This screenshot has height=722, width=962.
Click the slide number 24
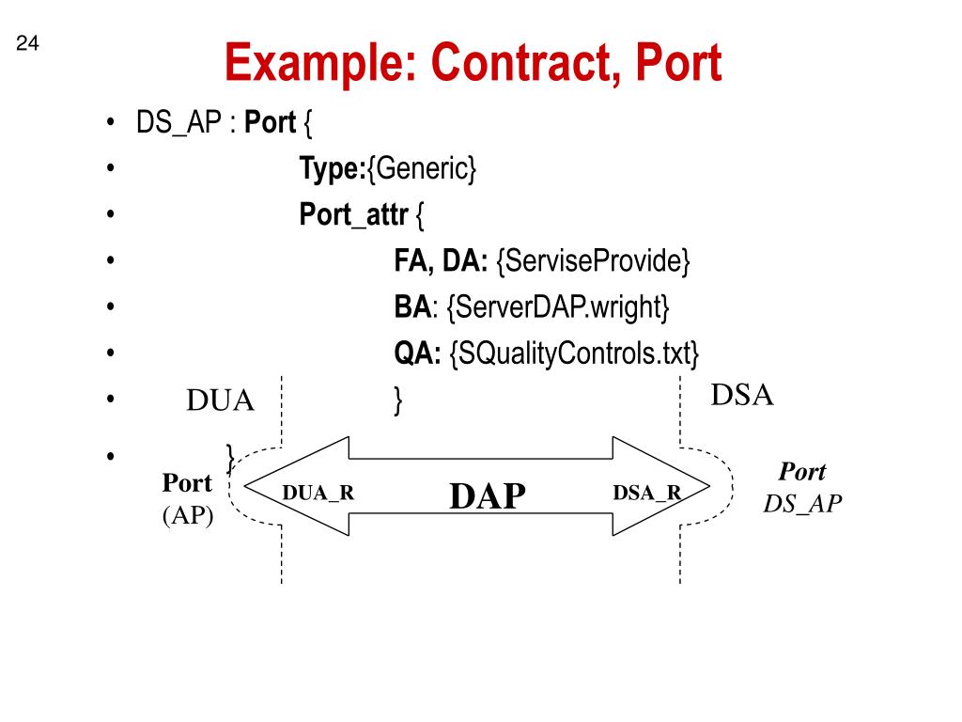coord(26,44)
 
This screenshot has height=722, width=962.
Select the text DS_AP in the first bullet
coord(177,123)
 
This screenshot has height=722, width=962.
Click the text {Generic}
coord(422,169)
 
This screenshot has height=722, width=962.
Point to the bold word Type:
coord(333,169)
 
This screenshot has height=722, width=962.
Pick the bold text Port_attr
coord(353,215)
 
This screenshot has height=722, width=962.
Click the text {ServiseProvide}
coord(593,261)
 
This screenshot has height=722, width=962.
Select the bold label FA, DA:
coord(441,261)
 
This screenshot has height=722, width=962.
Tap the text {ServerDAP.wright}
coord(559,306)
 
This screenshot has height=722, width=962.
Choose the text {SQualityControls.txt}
coord(574,353)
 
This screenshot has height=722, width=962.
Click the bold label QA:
coord(418,353)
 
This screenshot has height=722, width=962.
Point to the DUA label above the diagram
coord(221,401)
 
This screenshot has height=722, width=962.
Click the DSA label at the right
coord(742,396)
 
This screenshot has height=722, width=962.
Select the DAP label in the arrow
coord(488,495)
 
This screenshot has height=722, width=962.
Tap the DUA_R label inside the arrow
coord(318,493)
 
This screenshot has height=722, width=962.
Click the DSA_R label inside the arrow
coord(647,493)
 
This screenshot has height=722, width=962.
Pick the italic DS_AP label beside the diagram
coord(802,503)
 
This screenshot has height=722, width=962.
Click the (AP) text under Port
coord(188,515)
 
